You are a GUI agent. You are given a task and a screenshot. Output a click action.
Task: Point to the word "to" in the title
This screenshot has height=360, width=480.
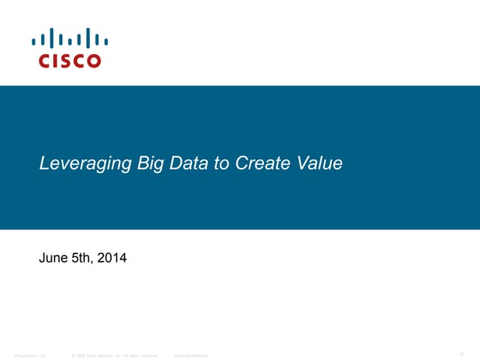pos(222,163)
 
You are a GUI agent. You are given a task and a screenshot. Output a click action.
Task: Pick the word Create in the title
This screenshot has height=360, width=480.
pos(259,163)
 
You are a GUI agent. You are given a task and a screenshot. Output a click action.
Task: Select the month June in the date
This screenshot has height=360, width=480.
pos(52,259)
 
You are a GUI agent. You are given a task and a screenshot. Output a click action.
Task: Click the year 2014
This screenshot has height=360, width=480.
pos(113,259)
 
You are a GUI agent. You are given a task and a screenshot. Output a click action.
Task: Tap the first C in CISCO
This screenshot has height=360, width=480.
pos(43,61)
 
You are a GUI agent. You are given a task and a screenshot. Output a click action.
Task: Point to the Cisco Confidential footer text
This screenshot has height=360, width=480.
pos(191,355)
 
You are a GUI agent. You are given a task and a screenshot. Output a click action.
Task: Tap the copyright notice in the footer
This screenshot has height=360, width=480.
pos(114,355)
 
